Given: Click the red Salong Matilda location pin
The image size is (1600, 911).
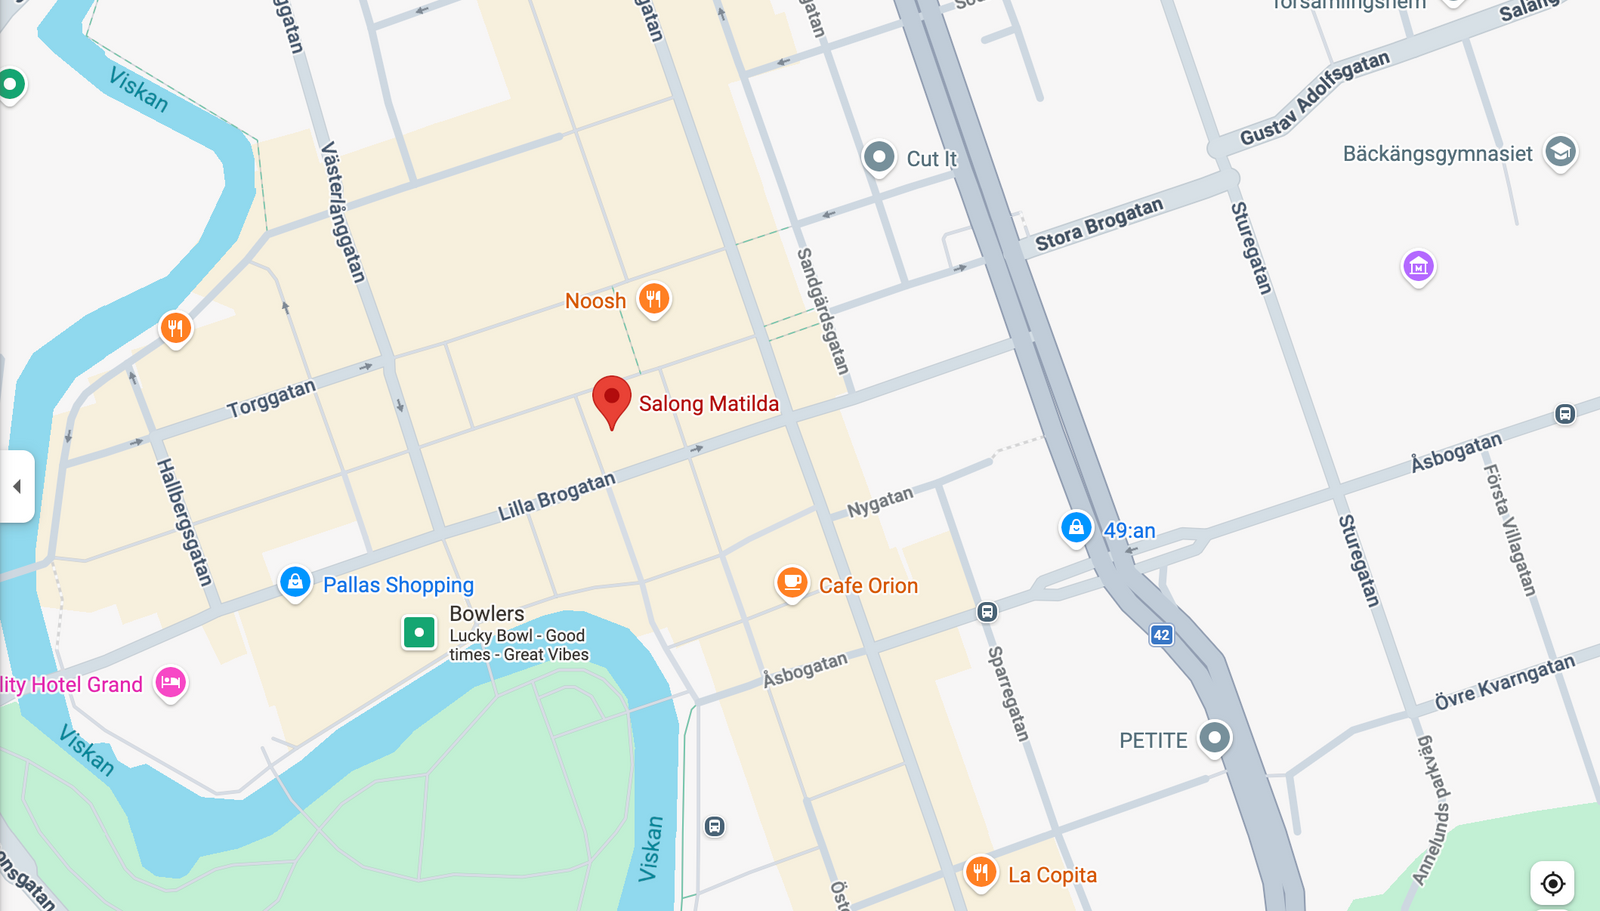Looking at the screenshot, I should [x=611, y=399].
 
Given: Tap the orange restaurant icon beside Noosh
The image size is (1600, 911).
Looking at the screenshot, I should [x=654, y=298].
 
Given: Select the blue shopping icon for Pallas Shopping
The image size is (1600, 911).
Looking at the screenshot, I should [x=295, y=582].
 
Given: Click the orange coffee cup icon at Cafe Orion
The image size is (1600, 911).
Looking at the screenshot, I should [x=792, y=583].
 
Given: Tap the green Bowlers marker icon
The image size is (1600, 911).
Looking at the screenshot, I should [x=419, y=632].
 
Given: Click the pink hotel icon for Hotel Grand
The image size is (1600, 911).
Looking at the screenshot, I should [x=171, y=683].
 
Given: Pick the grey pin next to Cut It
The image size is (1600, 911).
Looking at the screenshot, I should [x=879, y=157].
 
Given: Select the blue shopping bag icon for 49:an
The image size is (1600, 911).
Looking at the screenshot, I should [x=1076, y=527].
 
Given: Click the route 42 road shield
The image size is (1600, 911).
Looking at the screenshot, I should [x=1161, y=635].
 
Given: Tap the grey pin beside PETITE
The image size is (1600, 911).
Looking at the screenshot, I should [x=1215, y=738].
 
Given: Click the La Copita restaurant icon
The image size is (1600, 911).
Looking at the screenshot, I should [x=981, y=872].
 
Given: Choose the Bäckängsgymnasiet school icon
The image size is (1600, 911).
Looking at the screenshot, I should [x=1560, y=152].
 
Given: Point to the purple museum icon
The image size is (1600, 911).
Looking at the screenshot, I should [x=1418, y=266].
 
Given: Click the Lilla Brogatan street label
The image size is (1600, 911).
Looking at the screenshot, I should [x=557, y=496].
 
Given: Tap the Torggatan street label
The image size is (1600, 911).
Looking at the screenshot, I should [x=271, y=399].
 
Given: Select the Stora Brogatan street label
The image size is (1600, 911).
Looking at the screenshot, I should [x=1099, y=224].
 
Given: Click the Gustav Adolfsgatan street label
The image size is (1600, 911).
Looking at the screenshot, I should [x=1314, y=98].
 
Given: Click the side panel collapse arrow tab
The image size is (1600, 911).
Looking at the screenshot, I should [x=17, y=487].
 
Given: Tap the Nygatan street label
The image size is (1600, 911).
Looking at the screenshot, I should [x=880, y=502].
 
